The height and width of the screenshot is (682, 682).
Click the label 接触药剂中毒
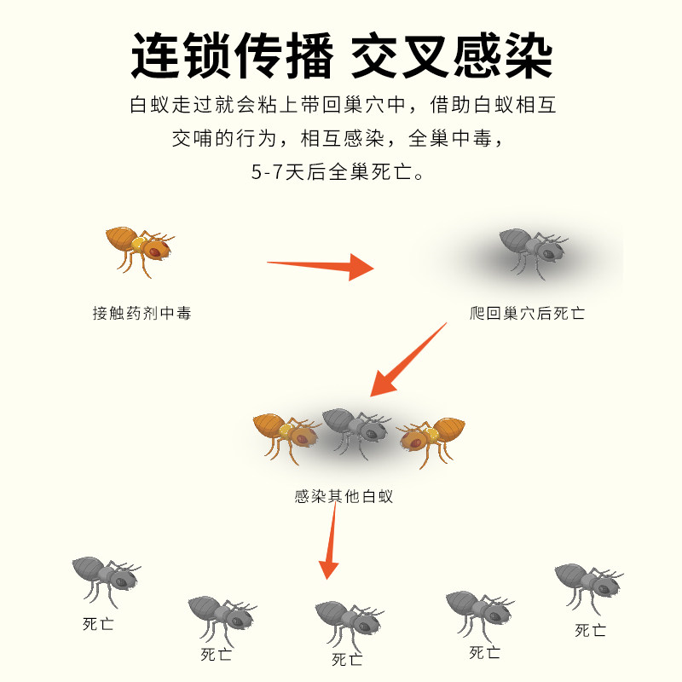coord(142,313)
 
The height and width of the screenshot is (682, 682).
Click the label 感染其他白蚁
coord(344,495)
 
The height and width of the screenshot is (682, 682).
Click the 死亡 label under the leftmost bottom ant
coord(98,624)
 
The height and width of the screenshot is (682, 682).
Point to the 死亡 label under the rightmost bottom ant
coord(590,630)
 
